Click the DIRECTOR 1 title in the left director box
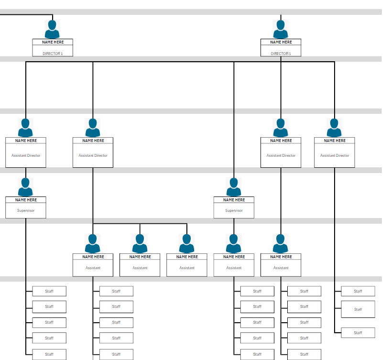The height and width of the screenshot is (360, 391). click(53, 54)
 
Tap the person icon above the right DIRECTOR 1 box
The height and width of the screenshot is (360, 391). click(281, 29)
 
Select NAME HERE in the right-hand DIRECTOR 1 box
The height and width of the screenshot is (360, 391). click(281, 42)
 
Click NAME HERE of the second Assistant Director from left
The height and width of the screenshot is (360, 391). click(93, 141)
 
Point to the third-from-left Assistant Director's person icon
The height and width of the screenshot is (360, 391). click(281, 128)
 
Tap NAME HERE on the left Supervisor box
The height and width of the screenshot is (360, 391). click(26, 200)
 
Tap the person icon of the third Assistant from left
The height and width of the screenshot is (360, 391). click(186, 243)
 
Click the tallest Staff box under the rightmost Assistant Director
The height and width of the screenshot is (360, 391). click(358, 309)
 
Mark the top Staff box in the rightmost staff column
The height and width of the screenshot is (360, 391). click(358, 291)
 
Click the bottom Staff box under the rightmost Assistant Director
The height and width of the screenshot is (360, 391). click(358, 333)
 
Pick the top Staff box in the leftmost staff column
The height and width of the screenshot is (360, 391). click(49, 291)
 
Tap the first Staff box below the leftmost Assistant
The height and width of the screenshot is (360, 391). click(116, 291)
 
